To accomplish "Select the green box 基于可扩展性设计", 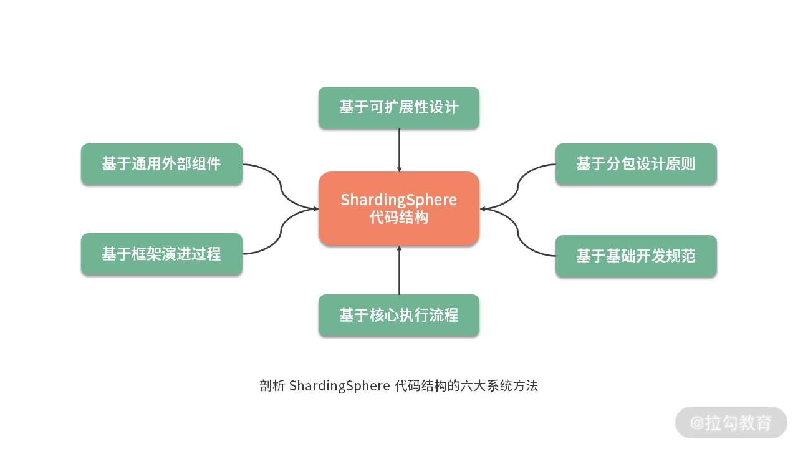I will pos(399,107).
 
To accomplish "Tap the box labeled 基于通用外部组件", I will pos(161,164).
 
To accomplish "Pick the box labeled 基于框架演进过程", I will pos(161,254).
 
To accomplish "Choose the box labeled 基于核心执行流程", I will pos(399,315).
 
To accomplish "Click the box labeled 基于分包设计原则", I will pos(636,164).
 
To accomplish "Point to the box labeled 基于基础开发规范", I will pos(636,256).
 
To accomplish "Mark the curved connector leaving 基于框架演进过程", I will pos(281,232).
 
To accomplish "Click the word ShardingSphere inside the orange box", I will pos(399,200).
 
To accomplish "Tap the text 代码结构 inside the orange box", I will pos(399,218).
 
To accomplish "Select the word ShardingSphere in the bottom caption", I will pos(339,385).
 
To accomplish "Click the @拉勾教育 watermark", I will pos(731,422).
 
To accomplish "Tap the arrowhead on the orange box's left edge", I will pos(315,208).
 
